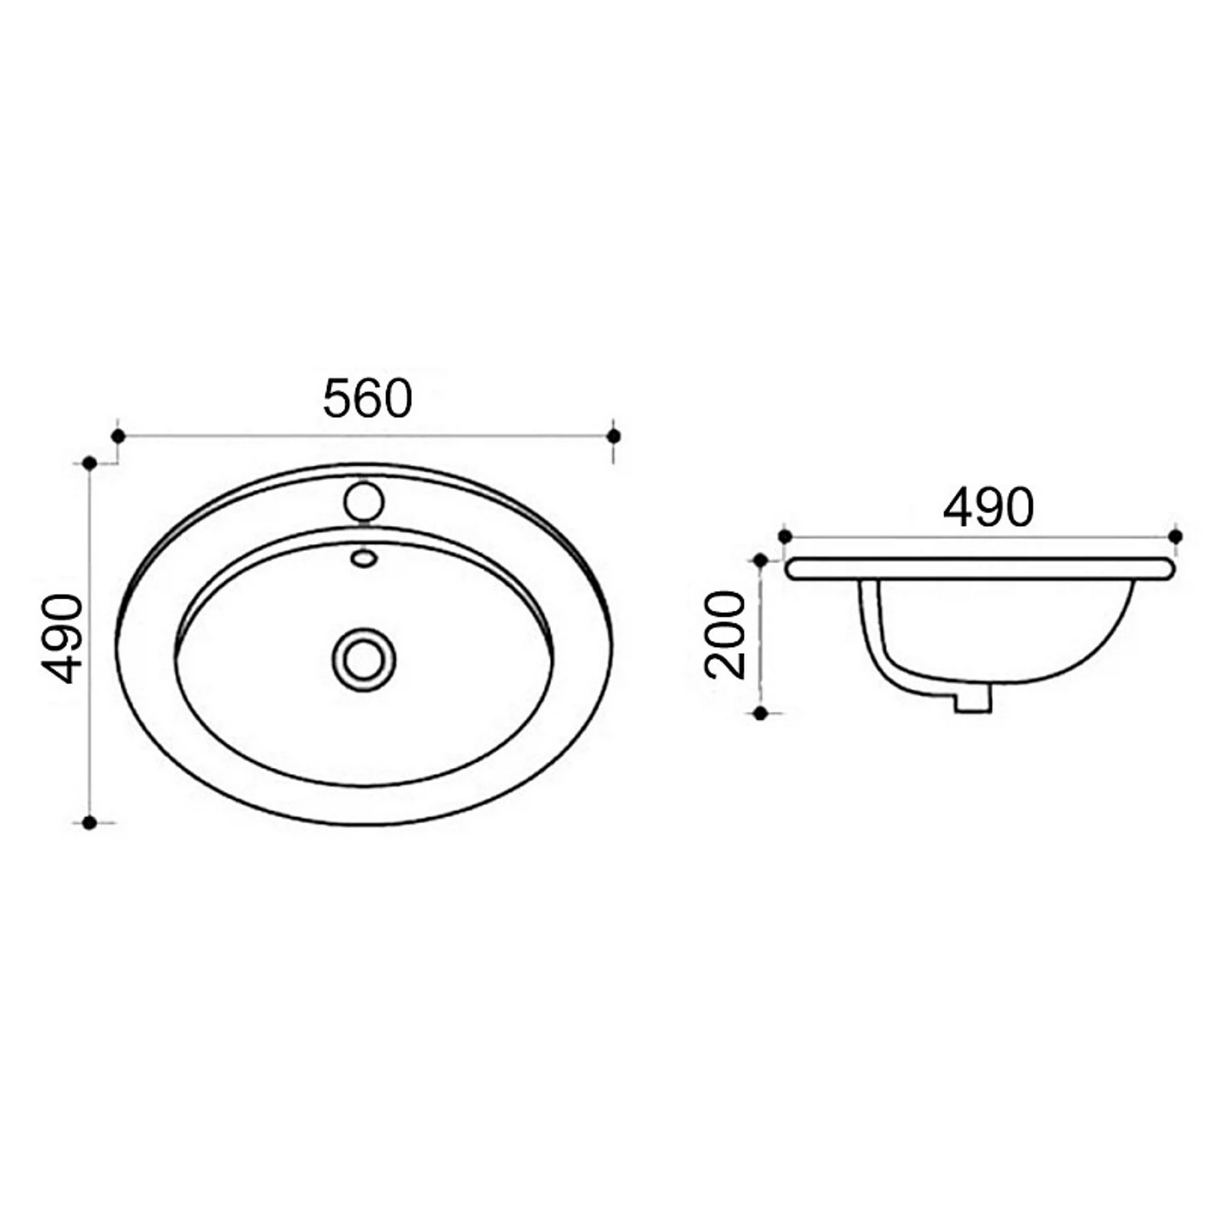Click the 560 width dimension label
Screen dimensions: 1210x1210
[368, 398]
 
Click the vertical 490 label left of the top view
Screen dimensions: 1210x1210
[62, 638]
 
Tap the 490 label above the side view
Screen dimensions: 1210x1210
[988, 507]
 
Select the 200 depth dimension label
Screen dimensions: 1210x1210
[724, 633]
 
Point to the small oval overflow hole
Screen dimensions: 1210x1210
[364, 557]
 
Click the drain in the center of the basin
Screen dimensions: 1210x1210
[364, 658]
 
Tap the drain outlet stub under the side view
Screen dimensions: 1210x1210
[972, 698]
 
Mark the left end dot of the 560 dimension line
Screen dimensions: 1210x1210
[118, 436]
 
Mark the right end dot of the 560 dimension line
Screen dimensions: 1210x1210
[614, 436]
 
